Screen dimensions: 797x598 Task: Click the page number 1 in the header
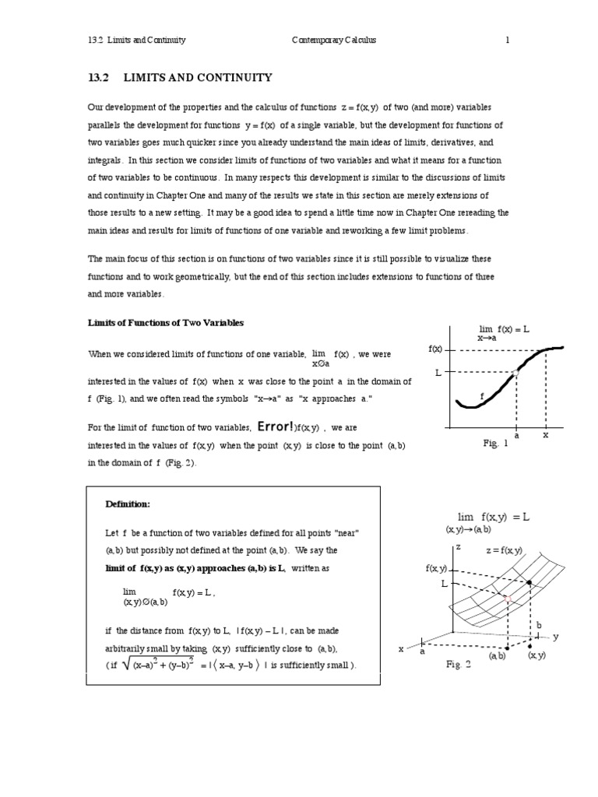[x=507, y=40]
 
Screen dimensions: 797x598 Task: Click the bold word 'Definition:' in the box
[x=127, y=504]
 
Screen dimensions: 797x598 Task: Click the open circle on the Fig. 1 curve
[x=515, y=374]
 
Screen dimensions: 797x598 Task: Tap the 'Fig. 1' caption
[x=495, y=444]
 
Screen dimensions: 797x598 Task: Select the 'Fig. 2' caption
[x=459, y=664]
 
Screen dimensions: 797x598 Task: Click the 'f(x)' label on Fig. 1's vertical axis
[x=435, y=349]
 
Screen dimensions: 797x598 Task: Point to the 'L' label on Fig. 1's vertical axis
[x=438, y=374]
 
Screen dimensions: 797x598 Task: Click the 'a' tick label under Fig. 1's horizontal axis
[x=515, y=435]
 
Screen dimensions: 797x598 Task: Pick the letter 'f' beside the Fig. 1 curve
[x=482, y=397]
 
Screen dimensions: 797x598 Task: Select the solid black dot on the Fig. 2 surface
[x=530, y=582]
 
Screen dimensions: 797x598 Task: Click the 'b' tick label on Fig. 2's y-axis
[x=538, y=624]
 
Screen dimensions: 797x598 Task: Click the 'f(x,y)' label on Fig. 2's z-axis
[x=437, y=569]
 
